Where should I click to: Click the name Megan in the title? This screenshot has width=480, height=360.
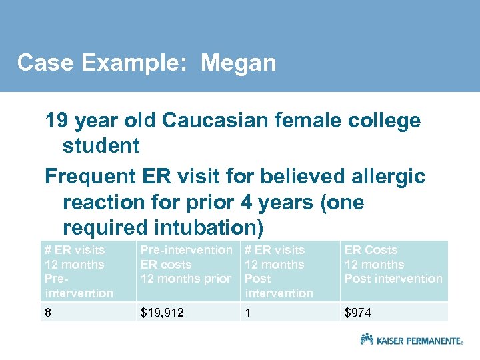[x=238, y=63]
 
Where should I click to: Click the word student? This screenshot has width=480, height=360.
[x=101, y=145]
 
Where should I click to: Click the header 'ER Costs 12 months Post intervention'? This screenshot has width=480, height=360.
[x=393, y=265]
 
